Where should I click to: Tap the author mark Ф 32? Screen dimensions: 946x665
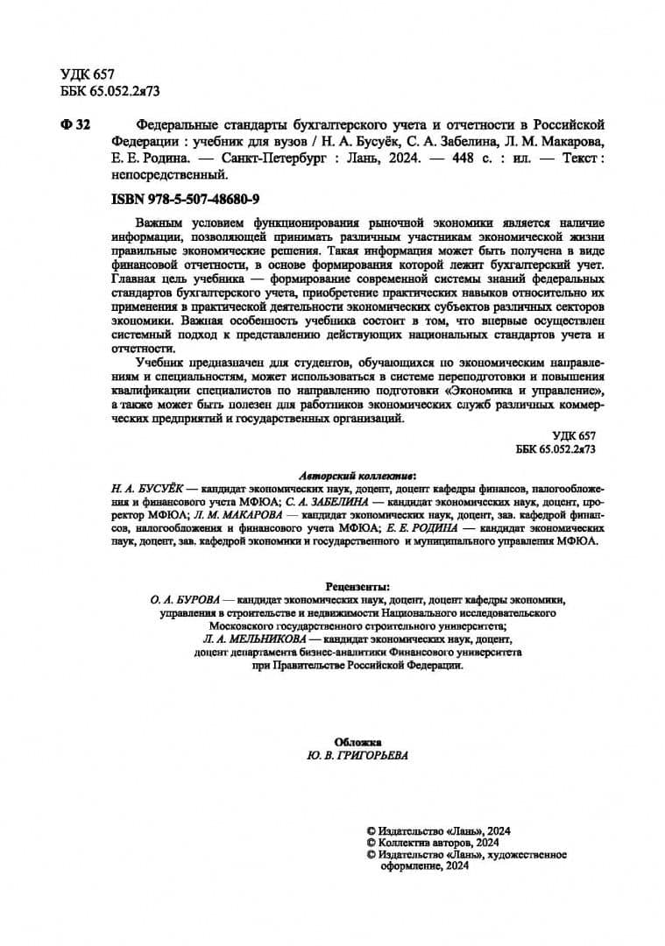(75, 125)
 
